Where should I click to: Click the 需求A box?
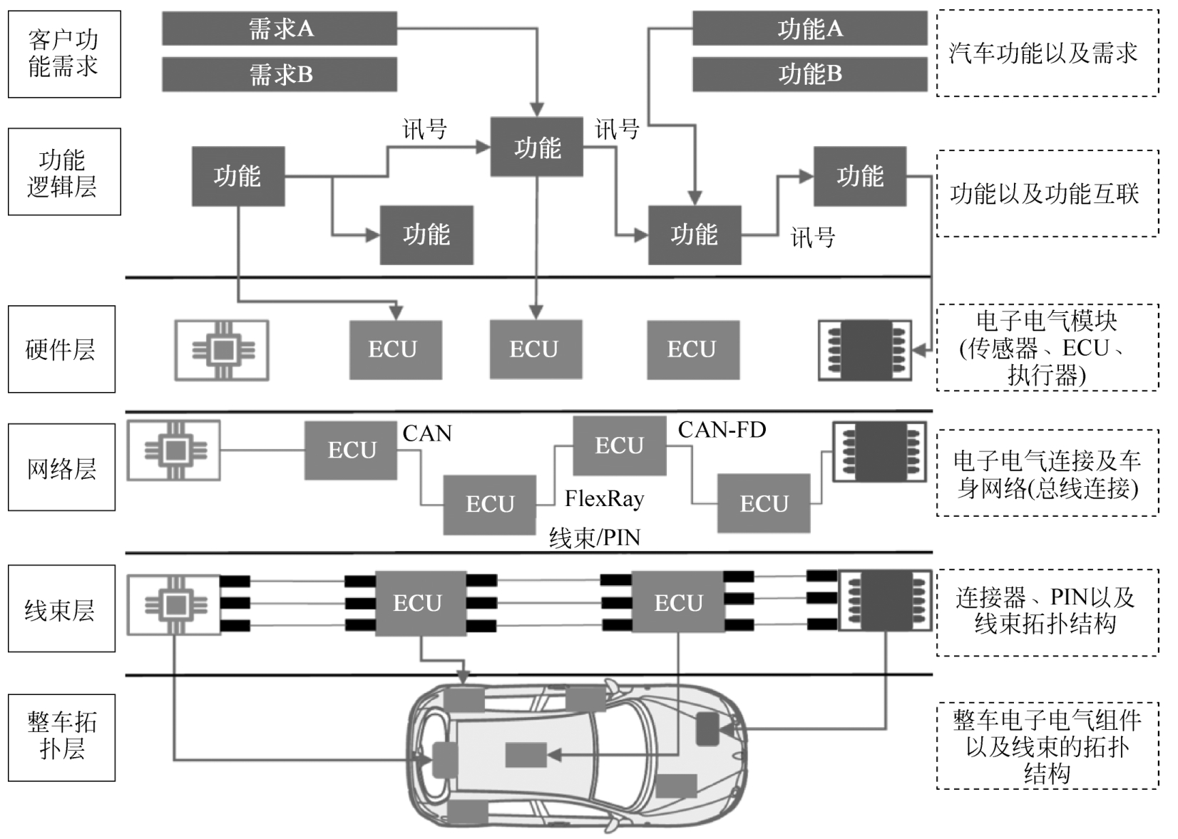point(279,29)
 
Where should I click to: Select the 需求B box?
point(279,74)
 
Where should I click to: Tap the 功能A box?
point(809,29)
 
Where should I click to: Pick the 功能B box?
point(809,73)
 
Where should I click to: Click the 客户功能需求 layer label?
point(64,54)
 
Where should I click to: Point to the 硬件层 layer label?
point(61,349)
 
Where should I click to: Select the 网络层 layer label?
point(61,468)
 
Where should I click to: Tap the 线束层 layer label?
point(61,609)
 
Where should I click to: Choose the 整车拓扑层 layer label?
point(61,736)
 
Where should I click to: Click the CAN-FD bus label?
point(722,430)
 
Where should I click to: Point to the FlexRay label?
point(604,498)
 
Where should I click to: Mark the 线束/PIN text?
point(594,537)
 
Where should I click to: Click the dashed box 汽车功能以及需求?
point(1046,53)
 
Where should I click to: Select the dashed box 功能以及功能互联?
point(1046,194)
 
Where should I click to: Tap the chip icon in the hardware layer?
point(222,350)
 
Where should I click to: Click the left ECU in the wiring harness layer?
point(421,603)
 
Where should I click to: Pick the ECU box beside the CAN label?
point(351,451)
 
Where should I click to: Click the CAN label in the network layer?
point(426,433)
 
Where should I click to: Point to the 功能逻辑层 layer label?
point(64,173)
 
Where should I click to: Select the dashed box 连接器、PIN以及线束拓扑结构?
point(1046,612)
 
